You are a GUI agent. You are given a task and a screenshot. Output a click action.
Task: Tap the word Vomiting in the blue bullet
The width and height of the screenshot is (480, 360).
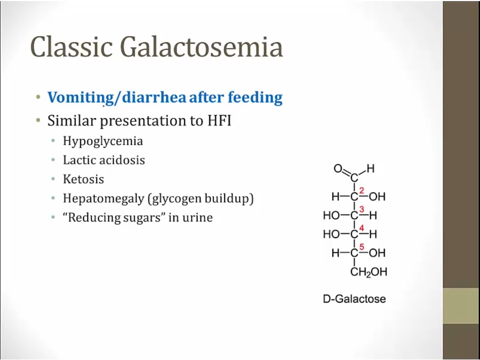point(81,98)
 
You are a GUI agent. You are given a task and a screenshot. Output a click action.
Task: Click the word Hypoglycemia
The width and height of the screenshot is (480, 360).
point(103,141)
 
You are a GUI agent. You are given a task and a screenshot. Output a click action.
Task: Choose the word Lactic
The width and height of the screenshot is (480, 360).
point(80,160)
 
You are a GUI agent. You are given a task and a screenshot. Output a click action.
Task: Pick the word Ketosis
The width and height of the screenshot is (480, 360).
point(83,179)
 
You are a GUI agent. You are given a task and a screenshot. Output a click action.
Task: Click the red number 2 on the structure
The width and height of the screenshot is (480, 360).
point(362,191)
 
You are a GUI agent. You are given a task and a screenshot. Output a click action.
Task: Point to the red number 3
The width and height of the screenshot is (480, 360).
point(362,210)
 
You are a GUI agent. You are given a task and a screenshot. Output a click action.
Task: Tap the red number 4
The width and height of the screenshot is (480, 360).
point(362,228)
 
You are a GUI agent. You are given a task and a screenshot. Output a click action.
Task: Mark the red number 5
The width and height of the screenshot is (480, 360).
point(362,247)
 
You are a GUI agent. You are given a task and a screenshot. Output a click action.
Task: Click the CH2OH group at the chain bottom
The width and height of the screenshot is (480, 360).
point(369,272)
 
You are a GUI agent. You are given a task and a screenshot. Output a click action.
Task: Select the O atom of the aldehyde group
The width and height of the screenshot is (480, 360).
point(338,169)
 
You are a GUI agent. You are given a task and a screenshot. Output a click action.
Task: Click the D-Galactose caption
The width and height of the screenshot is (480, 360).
point(354,299)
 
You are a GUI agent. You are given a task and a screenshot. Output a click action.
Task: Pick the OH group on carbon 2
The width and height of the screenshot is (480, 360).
point(377,196)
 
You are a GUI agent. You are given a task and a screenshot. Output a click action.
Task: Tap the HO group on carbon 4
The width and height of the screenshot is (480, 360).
point(332,234)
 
